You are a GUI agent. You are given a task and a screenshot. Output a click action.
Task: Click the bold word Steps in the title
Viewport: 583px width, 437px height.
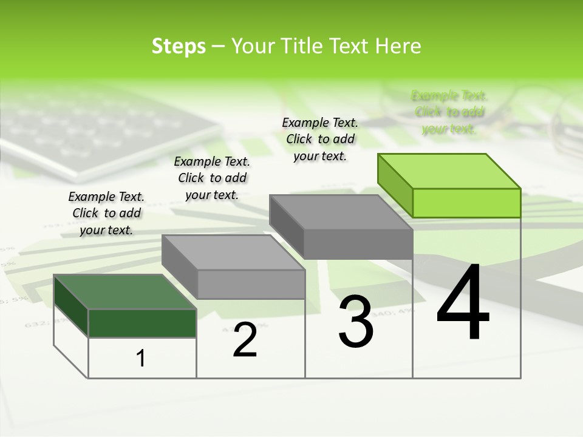click(179, 46)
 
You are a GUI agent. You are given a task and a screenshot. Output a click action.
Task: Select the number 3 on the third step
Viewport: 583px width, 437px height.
click(356, 322)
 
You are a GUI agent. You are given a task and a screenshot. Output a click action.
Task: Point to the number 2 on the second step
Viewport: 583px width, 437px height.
click(245, 340)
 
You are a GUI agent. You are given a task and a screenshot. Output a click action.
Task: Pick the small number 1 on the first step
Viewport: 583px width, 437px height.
click(141, 358)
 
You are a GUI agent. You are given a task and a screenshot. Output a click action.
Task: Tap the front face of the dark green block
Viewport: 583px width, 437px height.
click(142, 323)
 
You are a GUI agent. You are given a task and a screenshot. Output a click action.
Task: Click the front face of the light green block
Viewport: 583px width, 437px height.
click(466, 203)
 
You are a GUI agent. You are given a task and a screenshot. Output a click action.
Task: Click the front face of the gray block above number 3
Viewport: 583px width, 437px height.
click(358, 244)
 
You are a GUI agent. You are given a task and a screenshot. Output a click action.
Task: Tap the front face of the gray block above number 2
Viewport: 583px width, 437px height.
click(251, 284)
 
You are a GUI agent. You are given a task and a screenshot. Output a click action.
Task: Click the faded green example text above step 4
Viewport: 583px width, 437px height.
click(449, 112)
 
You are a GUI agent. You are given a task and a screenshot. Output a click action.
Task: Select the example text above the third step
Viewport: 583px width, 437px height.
click(320, 139)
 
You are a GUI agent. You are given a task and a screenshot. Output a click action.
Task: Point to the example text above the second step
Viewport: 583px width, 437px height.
click(212, 178)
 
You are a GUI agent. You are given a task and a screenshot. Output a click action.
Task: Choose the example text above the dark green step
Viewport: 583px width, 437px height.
click(106, 213)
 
